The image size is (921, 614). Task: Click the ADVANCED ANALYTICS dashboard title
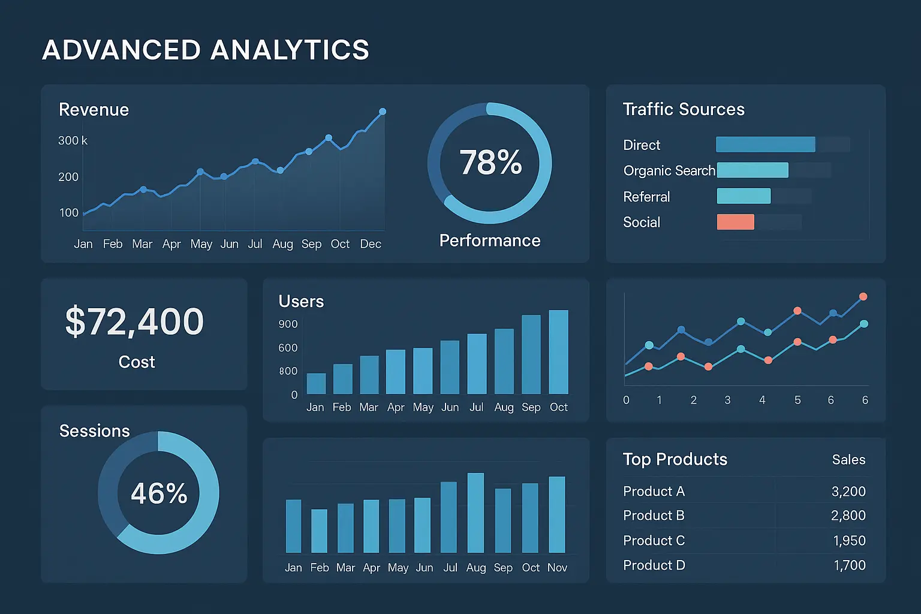pos(205,50)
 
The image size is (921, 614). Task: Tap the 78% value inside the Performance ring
pos(490,162)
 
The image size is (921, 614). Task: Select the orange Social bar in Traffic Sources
pos(735,222)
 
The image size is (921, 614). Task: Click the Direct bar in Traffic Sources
pos(765,145)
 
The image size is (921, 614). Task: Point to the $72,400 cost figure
pos(135,321)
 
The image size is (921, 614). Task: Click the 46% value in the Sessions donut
pos(159,493)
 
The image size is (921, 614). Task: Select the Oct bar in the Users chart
pos(558,352)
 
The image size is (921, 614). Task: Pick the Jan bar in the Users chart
pos(316,384)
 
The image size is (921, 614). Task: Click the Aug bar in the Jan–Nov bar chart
pos(475,513)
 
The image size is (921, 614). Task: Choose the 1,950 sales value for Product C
pos(849,540)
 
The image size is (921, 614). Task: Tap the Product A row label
pos(654,491)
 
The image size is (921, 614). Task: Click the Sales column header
pos(848,460)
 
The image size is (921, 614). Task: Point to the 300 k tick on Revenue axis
pos(73,141)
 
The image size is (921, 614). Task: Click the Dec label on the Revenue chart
pos(371,244)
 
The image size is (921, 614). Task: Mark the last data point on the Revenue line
pos(383,112)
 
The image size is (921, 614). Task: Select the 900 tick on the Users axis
pos(288,324)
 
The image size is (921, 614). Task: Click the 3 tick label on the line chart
pos(727,400)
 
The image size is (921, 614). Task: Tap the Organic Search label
pos(669,171)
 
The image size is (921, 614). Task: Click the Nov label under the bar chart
pos(557,567)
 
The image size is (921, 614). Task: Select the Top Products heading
pos(675,459)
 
